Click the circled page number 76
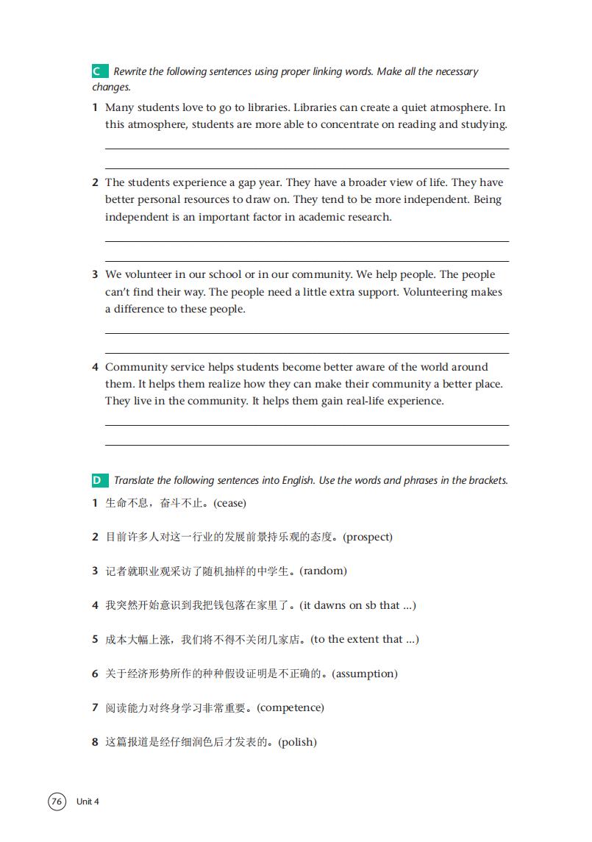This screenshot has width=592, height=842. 57,801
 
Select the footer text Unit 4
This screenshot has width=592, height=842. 88,802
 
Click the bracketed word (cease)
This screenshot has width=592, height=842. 229,503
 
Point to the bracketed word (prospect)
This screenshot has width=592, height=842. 368,537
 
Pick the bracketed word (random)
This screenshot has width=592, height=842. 323,571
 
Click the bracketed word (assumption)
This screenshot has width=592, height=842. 365,674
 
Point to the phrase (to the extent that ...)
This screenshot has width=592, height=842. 365,639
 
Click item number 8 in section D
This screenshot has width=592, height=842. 95,742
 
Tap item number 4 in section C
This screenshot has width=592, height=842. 95,367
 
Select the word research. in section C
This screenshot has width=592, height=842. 368,217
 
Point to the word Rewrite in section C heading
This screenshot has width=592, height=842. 130,71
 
